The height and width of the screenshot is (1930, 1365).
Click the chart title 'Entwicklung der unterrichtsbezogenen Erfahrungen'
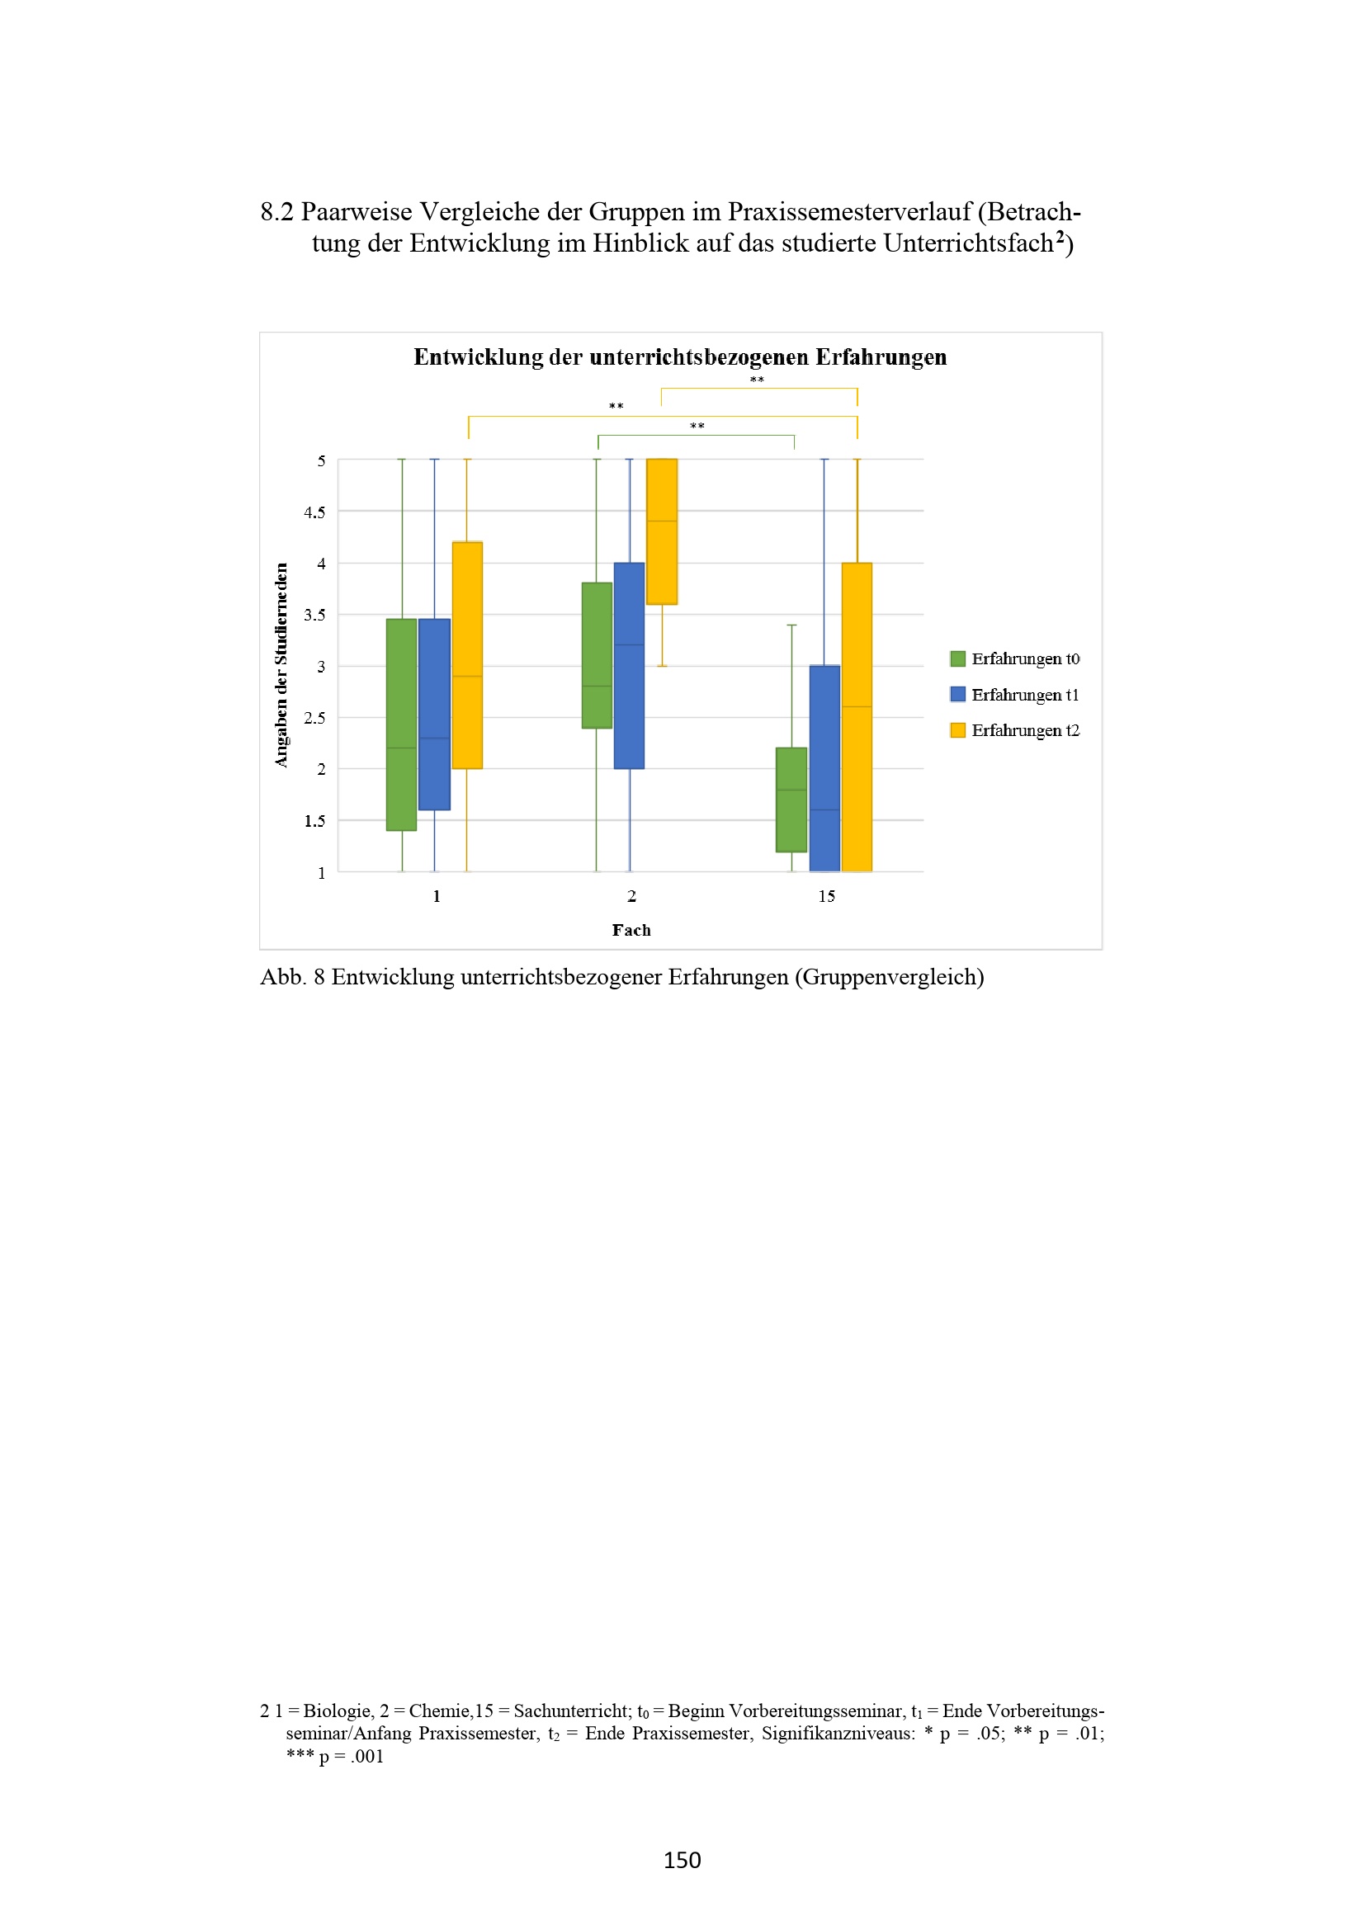click(680, 357)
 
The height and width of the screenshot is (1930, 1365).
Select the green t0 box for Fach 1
click(402, 724)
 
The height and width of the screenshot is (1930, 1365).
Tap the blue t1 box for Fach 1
click(435, 715)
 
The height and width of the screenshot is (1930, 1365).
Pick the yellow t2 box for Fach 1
click(467, 655)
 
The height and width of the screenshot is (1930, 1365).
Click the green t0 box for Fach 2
click(597, 655)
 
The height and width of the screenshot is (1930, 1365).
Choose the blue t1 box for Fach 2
click(630, 666)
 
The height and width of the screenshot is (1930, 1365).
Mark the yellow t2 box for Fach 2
click(662, 531)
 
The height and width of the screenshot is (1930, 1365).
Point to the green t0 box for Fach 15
click(791, 800)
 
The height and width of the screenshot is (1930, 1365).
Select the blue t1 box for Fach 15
click(824, 768)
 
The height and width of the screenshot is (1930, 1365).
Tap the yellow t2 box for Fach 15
click(857, 717)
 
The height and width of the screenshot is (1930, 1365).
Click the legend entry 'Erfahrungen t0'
click(1015, 658)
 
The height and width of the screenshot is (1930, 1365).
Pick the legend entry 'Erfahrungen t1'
click(1015, 694)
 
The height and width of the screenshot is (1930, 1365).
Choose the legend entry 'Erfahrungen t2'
click(1015, 729)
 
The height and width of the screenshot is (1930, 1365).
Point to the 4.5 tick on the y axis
click(314, 512)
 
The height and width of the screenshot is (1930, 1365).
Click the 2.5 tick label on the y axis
click(314, 718)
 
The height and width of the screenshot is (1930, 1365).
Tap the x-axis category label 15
click(826, 896)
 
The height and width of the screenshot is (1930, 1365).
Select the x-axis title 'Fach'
click(631, 930)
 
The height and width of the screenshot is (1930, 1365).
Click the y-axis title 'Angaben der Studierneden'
click(281, 665)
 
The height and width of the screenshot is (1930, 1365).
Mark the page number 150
click(682, 1860)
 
